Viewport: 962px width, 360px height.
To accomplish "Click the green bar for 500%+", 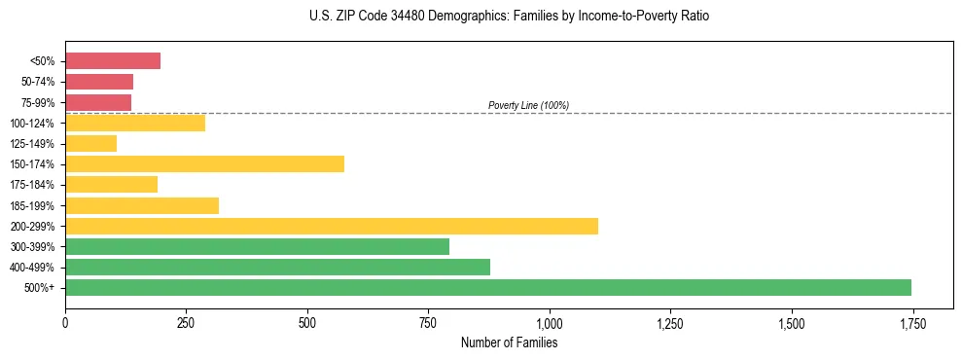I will pos(487,287).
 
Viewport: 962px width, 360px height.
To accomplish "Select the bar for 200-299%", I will pos(331,226).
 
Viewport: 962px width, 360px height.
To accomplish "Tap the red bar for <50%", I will pos(113,61).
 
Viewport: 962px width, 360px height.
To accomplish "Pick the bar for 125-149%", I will pos(90,144).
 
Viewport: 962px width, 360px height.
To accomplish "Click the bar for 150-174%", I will pos(204,164).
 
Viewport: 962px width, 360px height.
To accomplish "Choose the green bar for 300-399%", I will pos(257,246).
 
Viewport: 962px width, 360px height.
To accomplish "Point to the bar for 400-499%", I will pos(277,267).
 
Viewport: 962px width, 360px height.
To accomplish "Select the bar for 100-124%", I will pos(135,123).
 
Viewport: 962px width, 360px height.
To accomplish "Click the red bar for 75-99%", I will pos(98,102).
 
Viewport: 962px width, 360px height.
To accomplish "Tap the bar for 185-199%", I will pos(142,205).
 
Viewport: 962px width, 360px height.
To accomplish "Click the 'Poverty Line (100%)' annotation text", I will pos(528,105).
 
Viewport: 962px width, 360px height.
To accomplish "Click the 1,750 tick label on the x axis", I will pos(912,323).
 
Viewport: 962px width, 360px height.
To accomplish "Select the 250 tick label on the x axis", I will pos(186,323).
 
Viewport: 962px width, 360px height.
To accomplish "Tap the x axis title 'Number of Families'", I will pos(509,342).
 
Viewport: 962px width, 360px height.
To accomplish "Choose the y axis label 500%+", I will pos(41,288).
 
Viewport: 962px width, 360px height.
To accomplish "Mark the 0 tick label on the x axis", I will pos(65,323).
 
